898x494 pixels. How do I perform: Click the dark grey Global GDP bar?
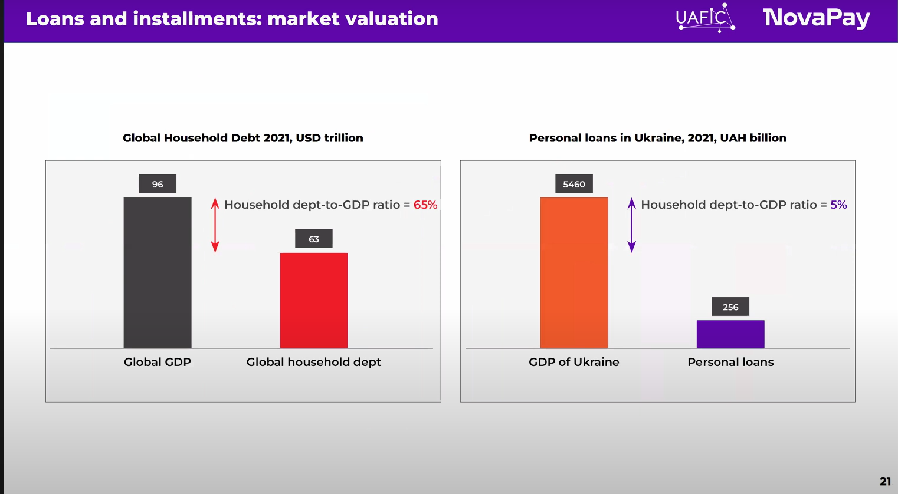pyautogui.click(x=158, y=272)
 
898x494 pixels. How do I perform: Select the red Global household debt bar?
pyautogui.click(x=313, y=300)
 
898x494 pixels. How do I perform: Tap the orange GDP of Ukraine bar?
pyautogui.click(x=574, y=272)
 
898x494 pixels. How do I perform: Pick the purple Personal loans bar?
pyautogui.click(x=730, y=334)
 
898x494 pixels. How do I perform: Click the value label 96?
pyautogui.click(x=158, y=184)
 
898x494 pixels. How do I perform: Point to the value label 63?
pyautogui.click(x=314, y=239)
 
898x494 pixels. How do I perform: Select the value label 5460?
pyautogui.click(x=574, y=184)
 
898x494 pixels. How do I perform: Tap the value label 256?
pyautogui.click(x=730, y=307)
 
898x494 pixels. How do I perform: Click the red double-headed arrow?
pyautogui.click(x=215, y=225)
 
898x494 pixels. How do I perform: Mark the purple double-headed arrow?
pyautogui.click(x=632, y=225)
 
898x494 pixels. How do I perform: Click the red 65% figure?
pyautogui.click(x=425, y=205)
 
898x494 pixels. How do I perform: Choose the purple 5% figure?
pyautogui.click(x=838, y=205)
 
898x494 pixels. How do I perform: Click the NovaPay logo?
pyautogui.click(x=817, y=18)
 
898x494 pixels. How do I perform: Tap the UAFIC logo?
pyautogui.click(x=705, y=18)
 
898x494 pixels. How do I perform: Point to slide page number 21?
pyautogui.click(x=885, y=481)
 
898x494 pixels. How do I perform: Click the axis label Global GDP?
pyautogui.click(x=158, y=362)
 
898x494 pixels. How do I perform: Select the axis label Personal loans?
pyautogui.click(x=730, y=362)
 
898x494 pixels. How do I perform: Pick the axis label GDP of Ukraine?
pyautogui.click(x=574, y=362)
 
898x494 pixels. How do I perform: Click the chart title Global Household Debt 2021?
pyautogui.click(x=243, y=138)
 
